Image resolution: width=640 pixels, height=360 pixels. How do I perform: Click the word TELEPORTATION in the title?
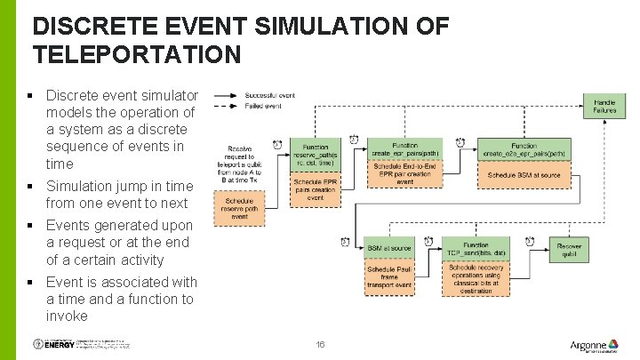137,54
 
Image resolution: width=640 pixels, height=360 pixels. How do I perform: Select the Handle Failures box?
604,107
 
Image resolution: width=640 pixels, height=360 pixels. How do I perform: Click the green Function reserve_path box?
315,156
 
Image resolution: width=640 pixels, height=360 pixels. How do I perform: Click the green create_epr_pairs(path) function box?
404,149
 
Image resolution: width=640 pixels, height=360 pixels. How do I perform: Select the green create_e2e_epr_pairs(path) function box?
524,149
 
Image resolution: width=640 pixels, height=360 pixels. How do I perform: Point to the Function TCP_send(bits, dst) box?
476,249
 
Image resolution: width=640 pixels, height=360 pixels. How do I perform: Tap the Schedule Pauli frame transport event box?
389,277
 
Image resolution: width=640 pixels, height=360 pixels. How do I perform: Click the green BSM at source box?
389,248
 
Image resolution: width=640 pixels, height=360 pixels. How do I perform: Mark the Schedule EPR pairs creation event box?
315,189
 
